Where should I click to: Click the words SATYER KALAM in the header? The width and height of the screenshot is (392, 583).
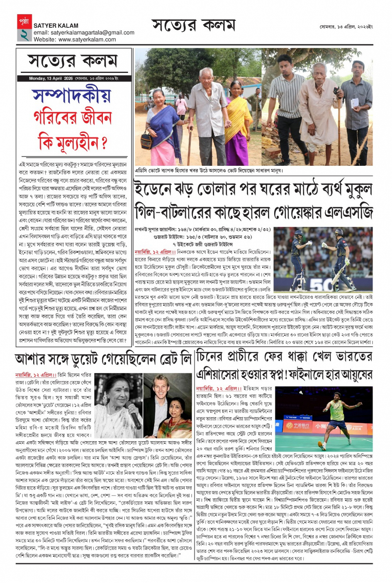click(x=56, y=26)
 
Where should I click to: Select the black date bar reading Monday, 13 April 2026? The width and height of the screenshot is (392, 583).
click(x=74, y=78)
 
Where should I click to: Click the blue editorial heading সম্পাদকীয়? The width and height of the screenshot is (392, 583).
click(x=72, y=96)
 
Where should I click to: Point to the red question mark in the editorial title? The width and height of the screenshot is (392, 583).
click(x=104, y=143)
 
